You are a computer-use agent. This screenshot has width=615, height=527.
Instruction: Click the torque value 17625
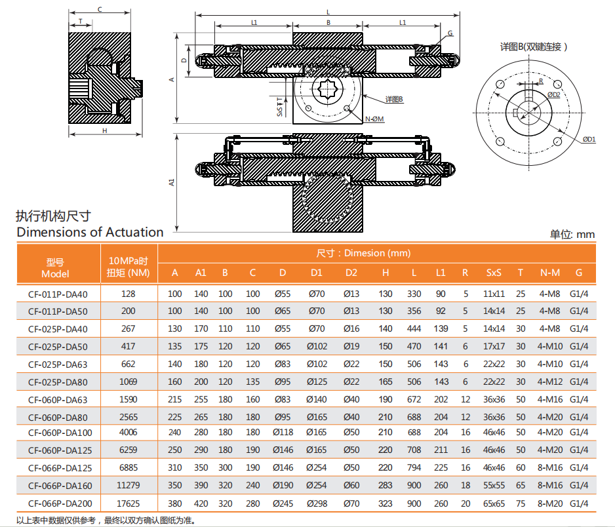tap(129, 503)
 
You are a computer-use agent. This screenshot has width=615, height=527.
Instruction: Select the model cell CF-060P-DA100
tap(60, 433)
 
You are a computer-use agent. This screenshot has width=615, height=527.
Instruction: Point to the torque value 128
tap(129, 294)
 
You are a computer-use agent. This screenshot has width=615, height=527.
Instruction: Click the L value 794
tap(414, 468)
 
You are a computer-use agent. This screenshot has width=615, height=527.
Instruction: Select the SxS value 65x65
tap(494, 503)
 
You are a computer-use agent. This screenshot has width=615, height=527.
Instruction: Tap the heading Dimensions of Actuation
tap(90, 232)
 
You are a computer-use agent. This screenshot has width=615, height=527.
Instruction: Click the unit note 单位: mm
tap(572, 234)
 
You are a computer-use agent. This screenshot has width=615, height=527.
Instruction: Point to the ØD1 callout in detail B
tap(589, 139)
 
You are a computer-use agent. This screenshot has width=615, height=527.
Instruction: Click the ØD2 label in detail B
tap(553, 94)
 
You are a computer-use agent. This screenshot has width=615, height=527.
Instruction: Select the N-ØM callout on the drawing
tap(374, 119)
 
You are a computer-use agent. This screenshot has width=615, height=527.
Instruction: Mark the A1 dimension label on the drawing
tap(172, 182)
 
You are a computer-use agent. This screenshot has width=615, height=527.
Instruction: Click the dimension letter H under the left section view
tap(104, 130)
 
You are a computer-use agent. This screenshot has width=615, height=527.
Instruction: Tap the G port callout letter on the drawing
tap(450, 33)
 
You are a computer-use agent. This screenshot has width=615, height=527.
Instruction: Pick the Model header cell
tap(55, 267)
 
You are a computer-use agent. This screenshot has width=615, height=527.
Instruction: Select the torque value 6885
tap(129, 468)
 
